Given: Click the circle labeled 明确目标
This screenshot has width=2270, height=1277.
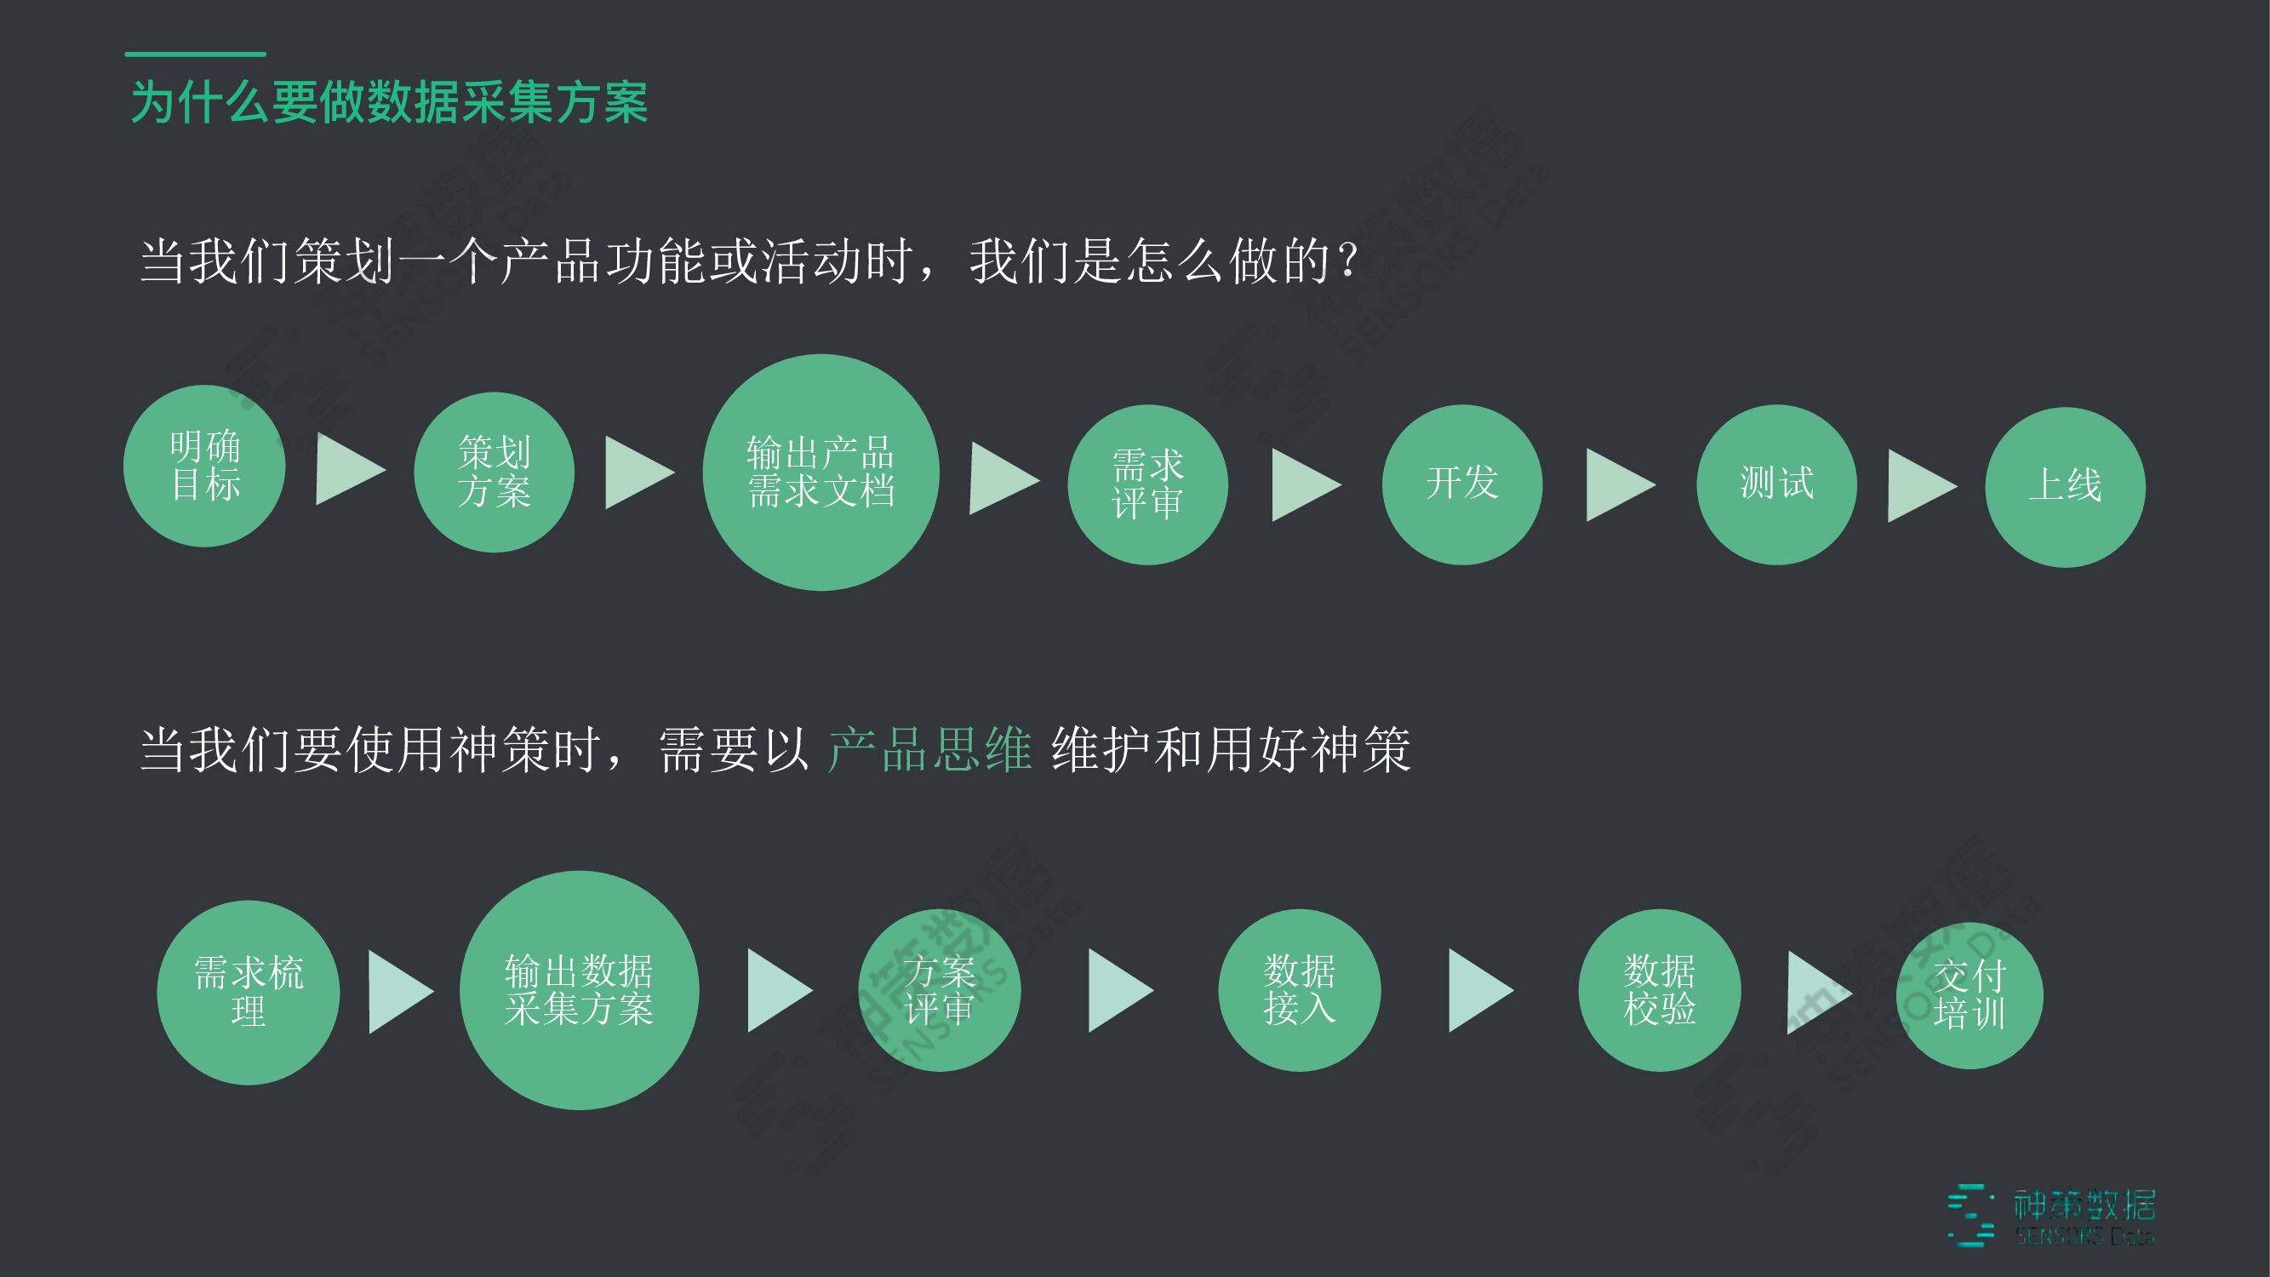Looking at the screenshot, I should (204, 466).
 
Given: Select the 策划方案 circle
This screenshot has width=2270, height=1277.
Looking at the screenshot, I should (495, 472).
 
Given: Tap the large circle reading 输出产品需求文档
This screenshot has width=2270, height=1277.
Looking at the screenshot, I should (821, 472).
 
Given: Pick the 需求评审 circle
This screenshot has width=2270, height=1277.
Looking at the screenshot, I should (1147, 484).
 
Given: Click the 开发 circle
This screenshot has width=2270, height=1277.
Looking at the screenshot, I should (1462, 484).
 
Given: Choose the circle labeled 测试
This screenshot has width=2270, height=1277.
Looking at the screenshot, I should (1776, 484).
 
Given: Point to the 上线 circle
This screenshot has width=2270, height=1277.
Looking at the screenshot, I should (2065, 486).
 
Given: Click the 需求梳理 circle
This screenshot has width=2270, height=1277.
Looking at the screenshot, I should (249, 993).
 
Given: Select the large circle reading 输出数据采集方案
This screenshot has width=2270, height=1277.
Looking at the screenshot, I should (579, 990).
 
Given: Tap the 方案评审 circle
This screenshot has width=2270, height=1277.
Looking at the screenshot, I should (940, 991).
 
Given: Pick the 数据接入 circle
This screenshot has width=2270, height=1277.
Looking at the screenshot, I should (1299, 991).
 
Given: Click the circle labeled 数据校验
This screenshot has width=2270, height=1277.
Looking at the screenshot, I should (1660, 991).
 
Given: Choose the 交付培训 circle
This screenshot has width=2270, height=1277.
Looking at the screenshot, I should (1970, 996).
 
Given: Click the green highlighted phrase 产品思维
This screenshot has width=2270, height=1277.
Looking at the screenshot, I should (929, 750).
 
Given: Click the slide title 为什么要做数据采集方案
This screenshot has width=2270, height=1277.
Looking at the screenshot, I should (390, 102).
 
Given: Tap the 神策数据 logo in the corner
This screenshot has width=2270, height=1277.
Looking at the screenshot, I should (2053, 1217).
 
